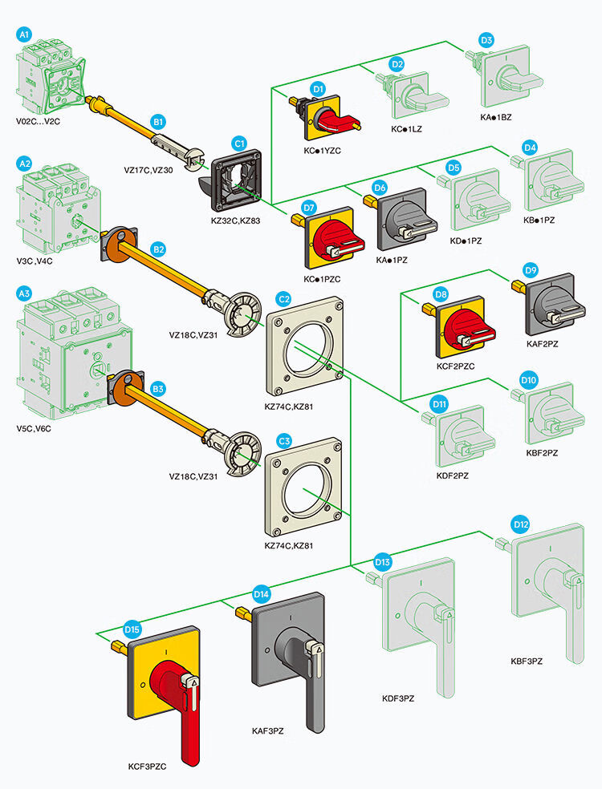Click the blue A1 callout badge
coord(24,34)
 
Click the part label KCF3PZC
coord(147,767)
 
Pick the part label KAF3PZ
coord(268,731)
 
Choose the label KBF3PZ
coord(527,661)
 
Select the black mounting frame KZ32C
coord(235,175)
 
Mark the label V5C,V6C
coord(34,428)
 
